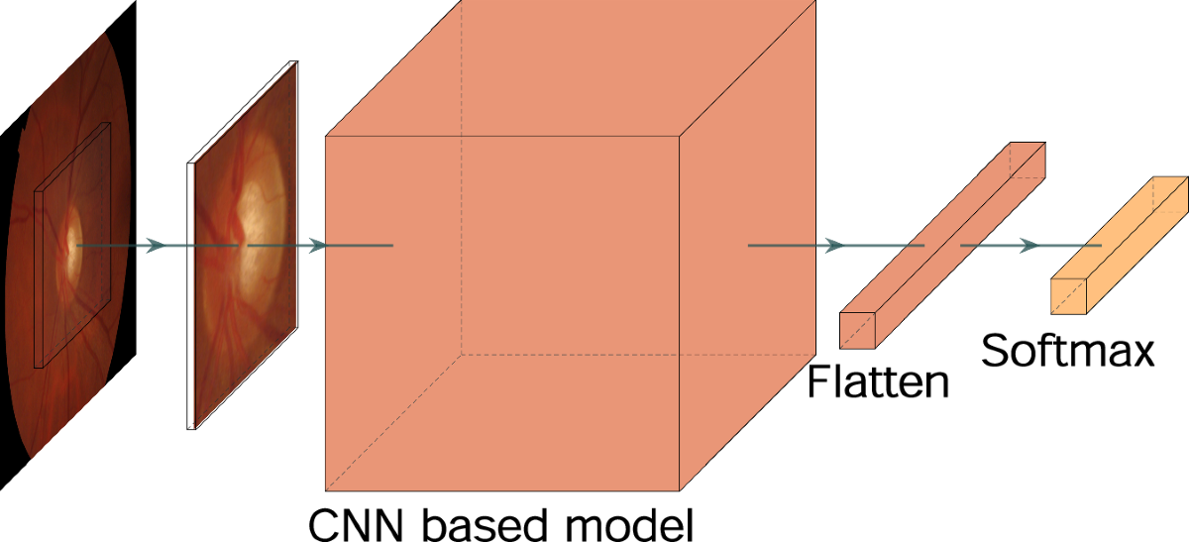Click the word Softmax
point(1068,350)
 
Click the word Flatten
point(878,380)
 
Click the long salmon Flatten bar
point(941,243)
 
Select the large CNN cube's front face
point(501,313)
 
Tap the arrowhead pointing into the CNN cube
point(317,245)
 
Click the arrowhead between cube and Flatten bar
point(834,245)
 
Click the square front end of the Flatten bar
point(858,330)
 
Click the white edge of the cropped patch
point(189,297)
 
